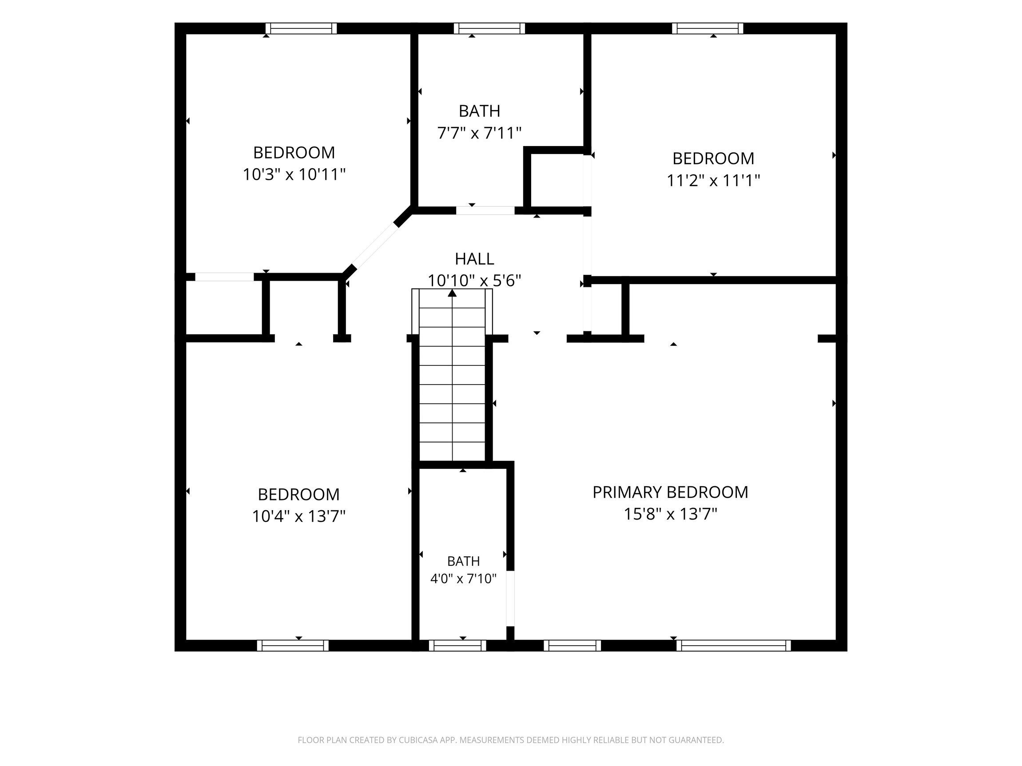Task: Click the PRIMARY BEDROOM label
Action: pyautogui.click(x=670, y=492)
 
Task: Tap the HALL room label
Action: pyautogui.click(x=474, y=259)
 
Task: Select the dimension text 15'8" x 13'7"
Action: pyautogui.click(x=670, y=514)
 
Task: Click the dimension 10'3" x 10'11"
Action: pyautogui.click(x=294, y=174)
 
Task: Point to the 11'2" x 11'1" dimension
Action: pyautogui.click(x=713, y=180)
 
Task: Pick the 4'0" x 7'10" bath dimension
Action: pyautogui.click(x=463, y=579)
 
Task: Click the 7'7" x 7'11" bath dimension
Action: pyautogui.click(x=479, y=133)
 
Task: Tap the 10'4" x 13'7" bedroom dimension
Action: pyautogui.click(x=299, y=516)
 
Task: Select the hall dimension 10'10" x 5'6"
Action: pyautogui.click(x=474, y=281)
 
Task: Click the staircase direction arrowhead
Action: pyautogui.click(x=452, y=293)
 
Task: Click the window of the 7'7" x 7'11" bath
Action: pyautogui.click(x=489, y=28)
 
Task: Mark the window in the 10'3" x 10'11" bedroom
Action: pyautogui.click(x=301, y=28)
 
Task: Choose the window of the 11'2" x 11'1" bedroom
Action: pyautogui.click(x=708, y=28)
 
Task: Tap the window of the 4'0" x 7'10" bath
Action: pyautogui.click(x=457, y=645)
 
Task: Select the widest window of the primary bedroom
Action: pyautogui.click(x=734, y=645)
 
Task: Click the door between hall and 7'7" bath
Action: pyautogui.click(x=485, y=210)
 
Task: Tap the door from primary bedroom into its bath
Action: pyautogui.click(x=510, y=598)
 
